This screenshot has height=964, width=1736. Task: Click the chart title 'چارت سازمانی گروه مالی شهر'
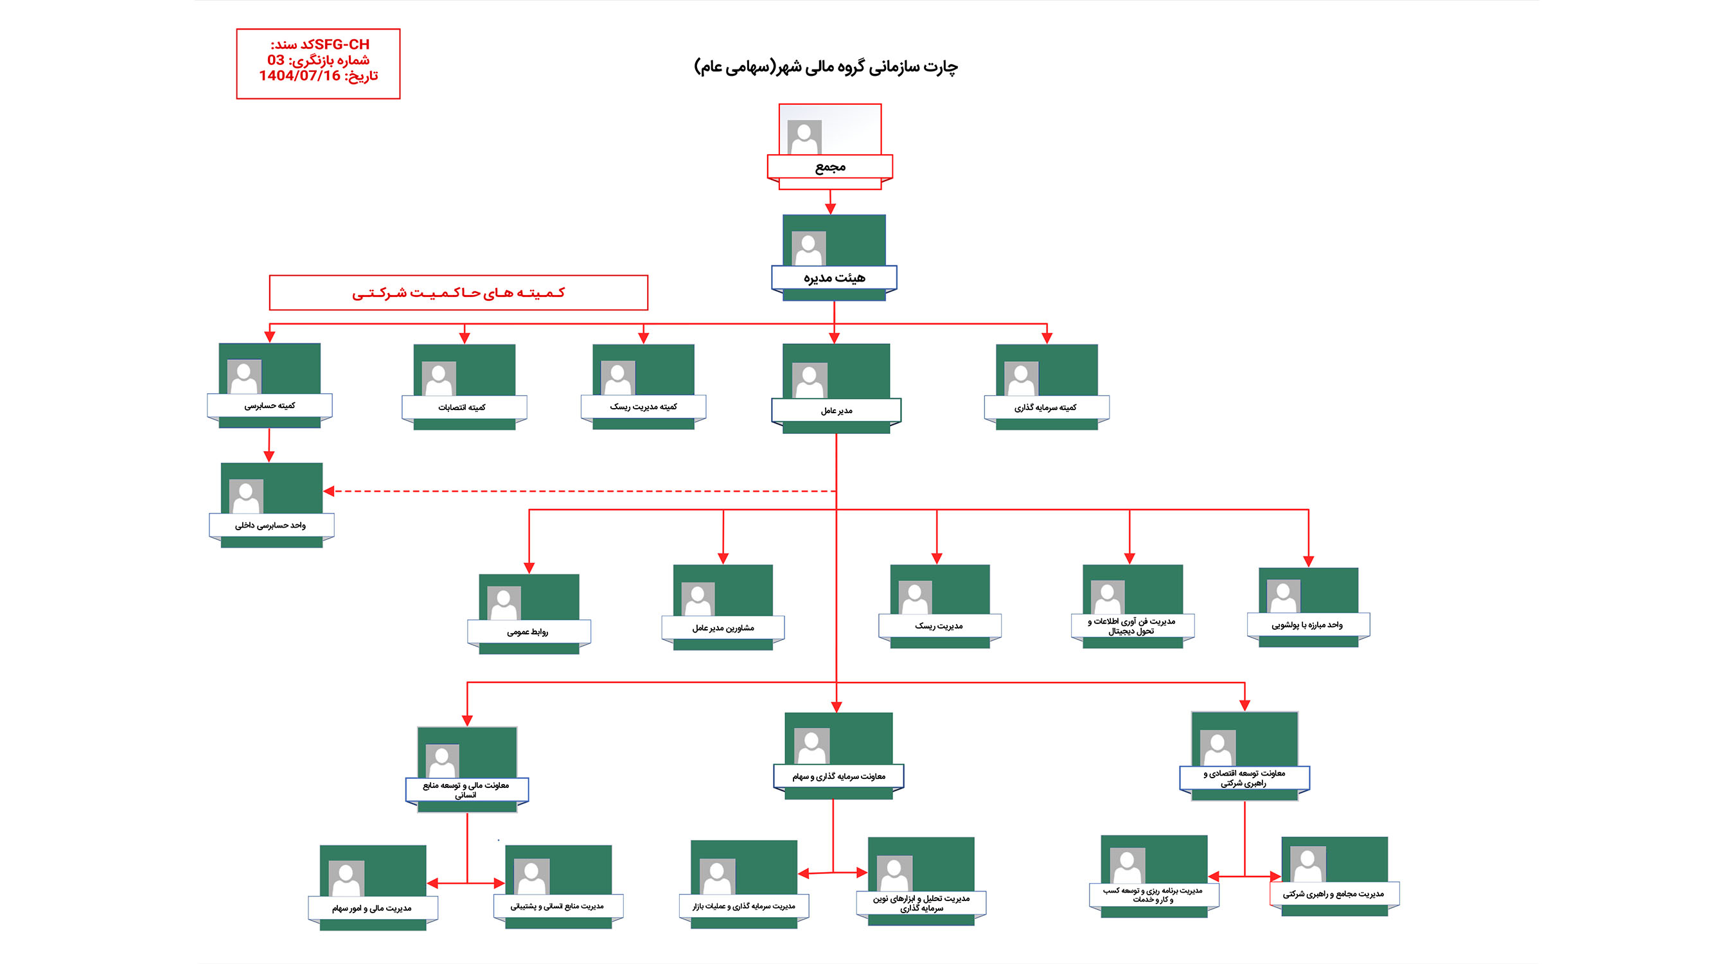[826, 67]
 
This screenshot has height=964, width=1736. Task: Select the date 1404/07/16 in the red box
[300, 75]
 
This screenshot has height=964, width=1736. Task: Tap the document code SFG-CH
[342, 44]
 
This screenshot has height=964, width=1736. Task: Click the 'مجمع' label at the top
[829, 166]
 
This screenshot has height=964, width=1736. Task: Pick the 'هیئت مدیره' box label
[834, 277]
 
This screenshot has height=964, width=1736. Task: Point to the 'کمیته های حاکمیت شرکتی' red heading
[458, 292]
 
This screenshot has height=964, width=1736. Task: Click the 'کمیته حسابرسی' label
[270, 405]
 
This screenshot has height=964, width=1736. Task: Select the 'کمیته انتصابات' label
[463, 407]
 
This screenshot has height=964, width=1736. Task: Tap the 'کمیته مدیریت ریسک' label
[644, 407]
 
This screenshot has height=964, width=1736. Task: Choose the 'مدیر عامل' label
[837, 410]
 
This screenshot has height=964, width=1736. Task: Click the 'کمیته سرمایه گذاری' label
[1045, 407]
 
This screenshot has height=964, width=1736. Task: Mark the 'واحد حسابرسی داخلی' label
[270, 525]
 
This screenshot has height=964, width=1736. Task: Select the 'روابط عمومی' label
[527, 632]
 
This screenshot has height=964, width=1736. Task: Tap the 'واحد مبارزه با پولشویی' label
[1307, 625]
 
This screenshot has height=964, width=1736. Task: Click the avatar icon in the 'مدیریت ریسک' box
[914, 597]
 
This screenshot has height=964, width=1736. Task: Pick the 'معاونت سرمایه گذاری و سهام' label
[838, 776]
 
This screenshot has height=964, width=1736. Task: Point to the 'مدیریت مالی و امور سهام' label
[372, 908]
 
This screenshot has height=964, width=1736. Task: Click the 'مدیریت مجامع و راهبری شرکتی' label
[1333, 894]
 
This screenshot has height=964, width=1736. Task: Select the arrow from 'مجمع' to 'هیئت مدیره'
[830, 202]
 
